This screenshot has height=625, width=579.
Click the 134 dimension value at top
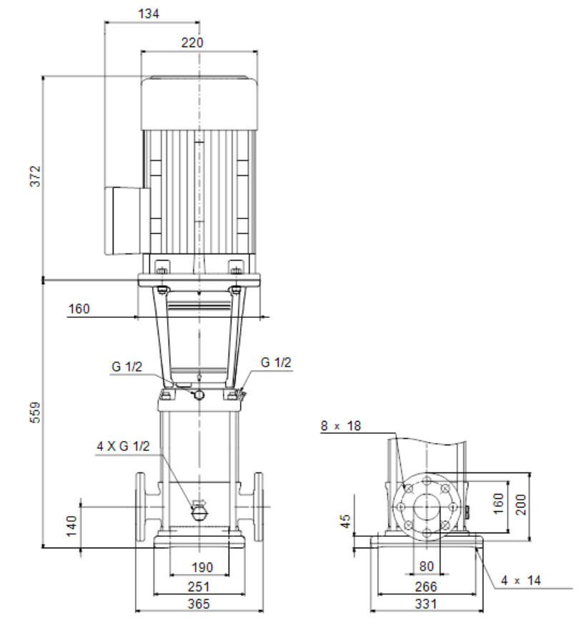149,14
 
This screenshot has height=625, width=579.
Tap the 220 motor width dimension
192,43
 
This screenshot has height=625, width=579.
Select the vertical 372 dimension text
36,176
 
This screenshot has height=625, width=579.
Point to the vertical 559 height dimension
36,412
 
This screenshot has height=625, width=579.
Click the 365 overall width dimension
199,604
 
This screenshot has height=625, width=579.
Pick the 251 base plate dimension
199,587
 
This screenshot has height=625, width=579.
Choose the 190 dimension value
202,567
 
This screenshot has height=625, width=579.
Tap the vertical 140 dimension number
71,526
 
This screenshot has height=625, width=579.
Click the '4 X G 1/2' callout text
124,446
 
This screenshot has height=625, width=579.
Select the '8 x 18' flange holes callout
341,426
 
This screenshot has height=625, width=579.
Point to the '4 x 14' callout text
520,581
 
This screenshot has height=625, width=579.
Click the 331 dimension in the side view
426,604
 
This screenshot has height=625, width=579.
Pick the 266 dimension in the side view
426,587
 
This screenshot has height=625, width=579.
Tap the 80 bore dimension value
426,566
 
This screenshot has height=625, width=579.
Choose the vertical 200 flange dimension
521,505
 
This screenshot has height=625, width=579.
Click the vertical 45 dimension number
345,521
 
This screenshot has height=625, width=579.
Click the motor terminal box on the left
127,221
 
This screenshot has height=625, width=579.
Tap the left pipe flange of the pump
140,507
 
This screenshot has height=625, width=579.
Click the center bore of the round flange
427,507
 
